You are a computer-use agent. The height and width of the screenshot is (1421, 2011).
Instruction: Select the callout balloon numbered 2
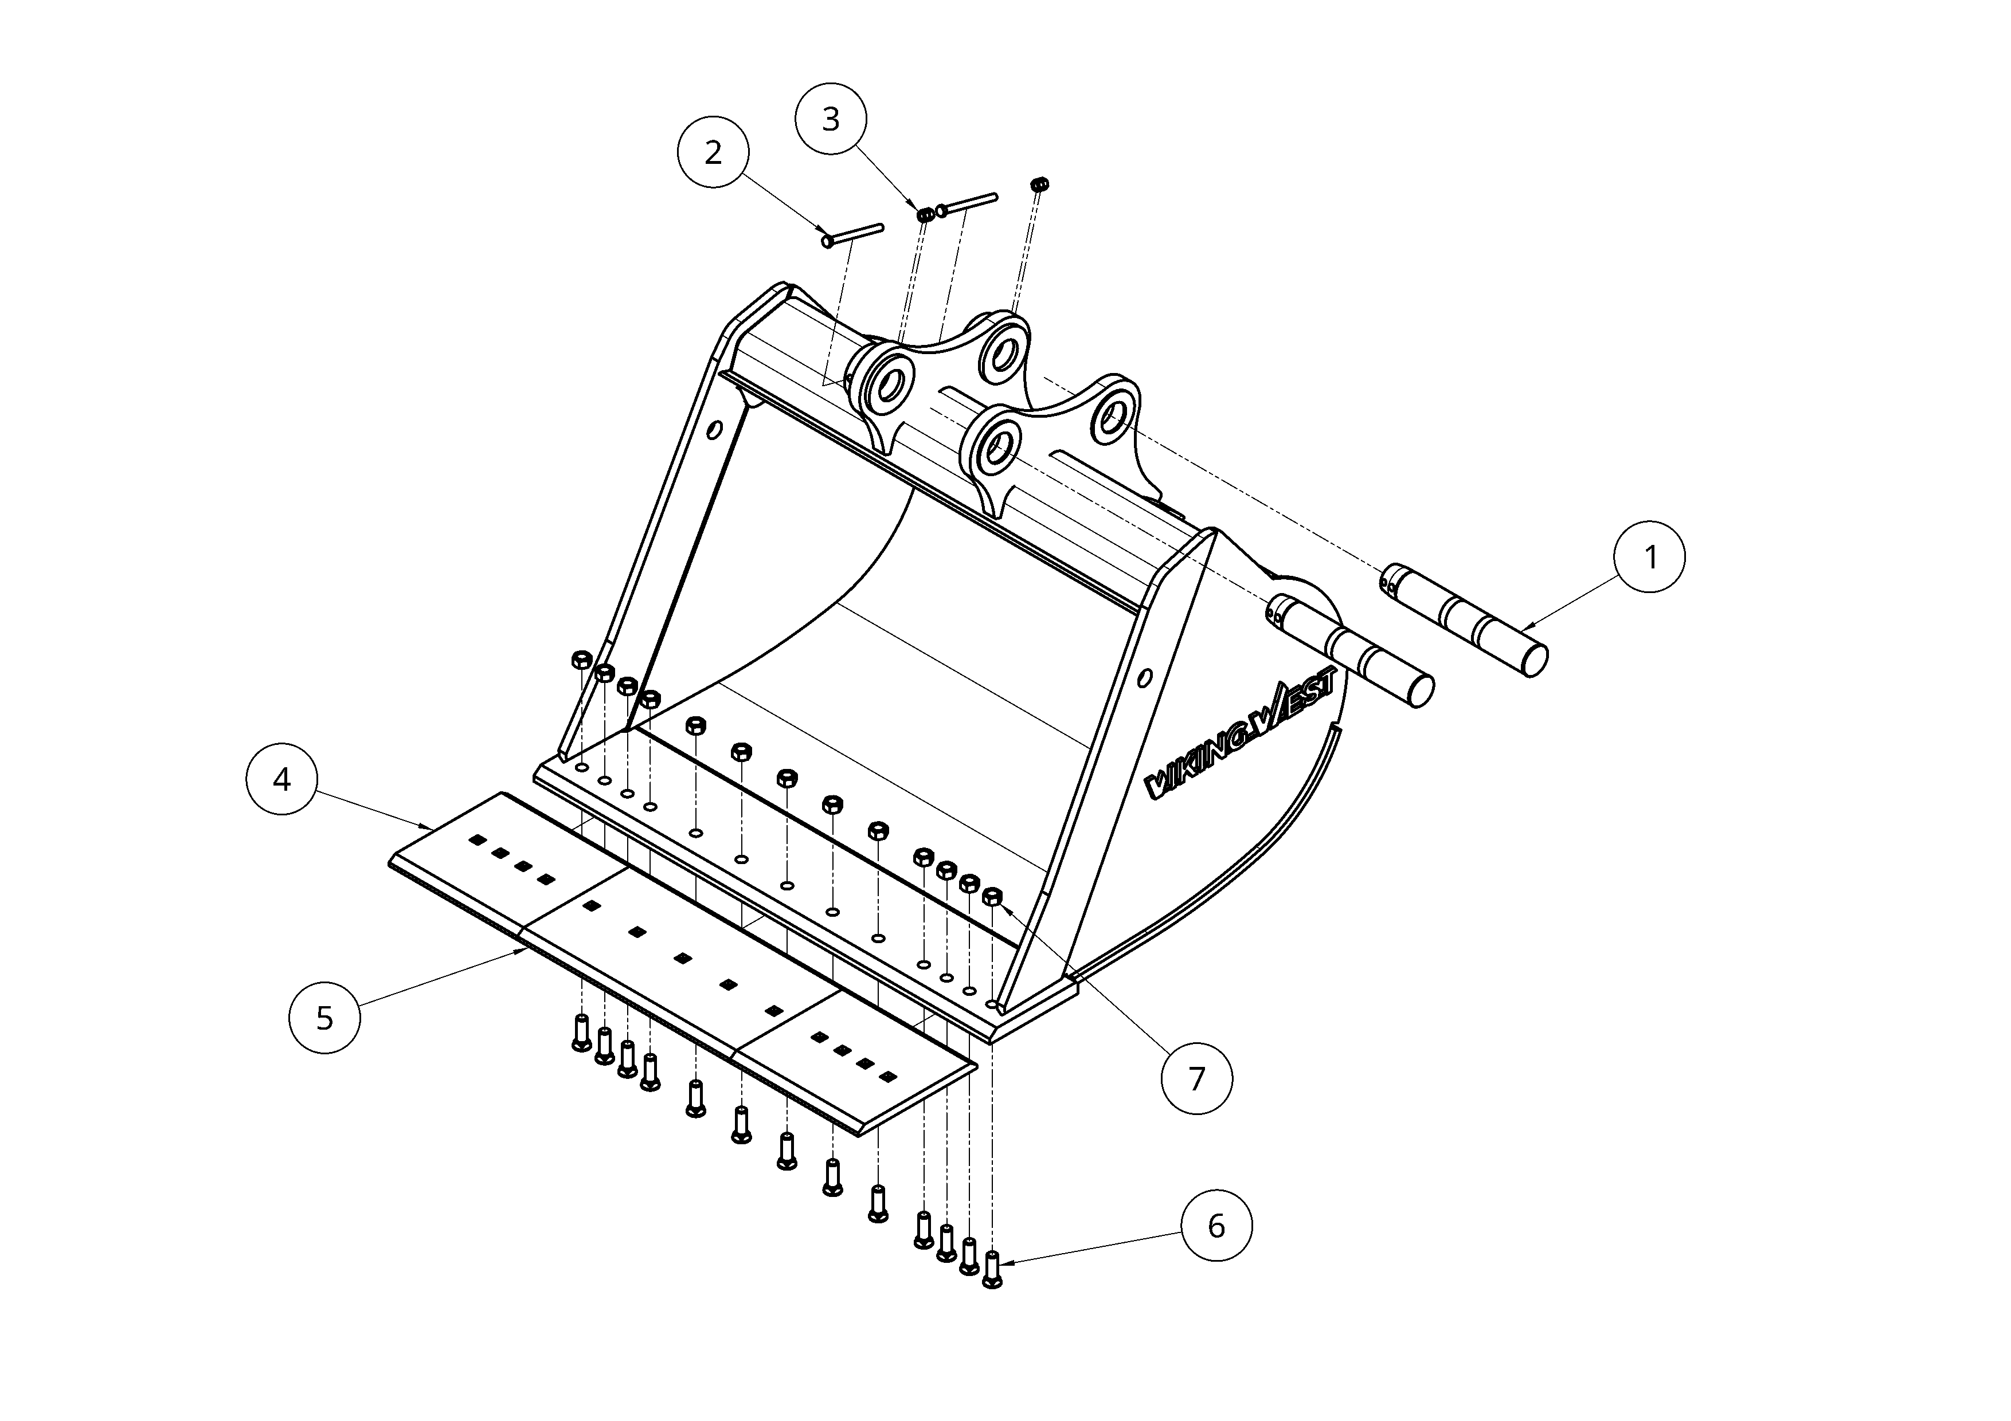coord(714,152)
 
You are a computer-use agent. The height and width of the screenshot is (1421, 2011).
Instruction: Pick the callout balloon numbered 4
coord(281,779)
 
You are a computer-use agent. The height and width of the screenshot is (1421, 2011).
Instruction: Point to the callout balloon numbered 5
coord(324,1018)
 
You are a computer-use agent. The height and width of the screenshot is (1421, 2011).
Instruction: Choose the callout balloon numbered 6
coord(1216,1226)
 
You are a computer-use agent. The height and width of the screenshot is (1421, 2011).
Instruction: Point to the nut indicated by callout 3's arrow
coord(925,214)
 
